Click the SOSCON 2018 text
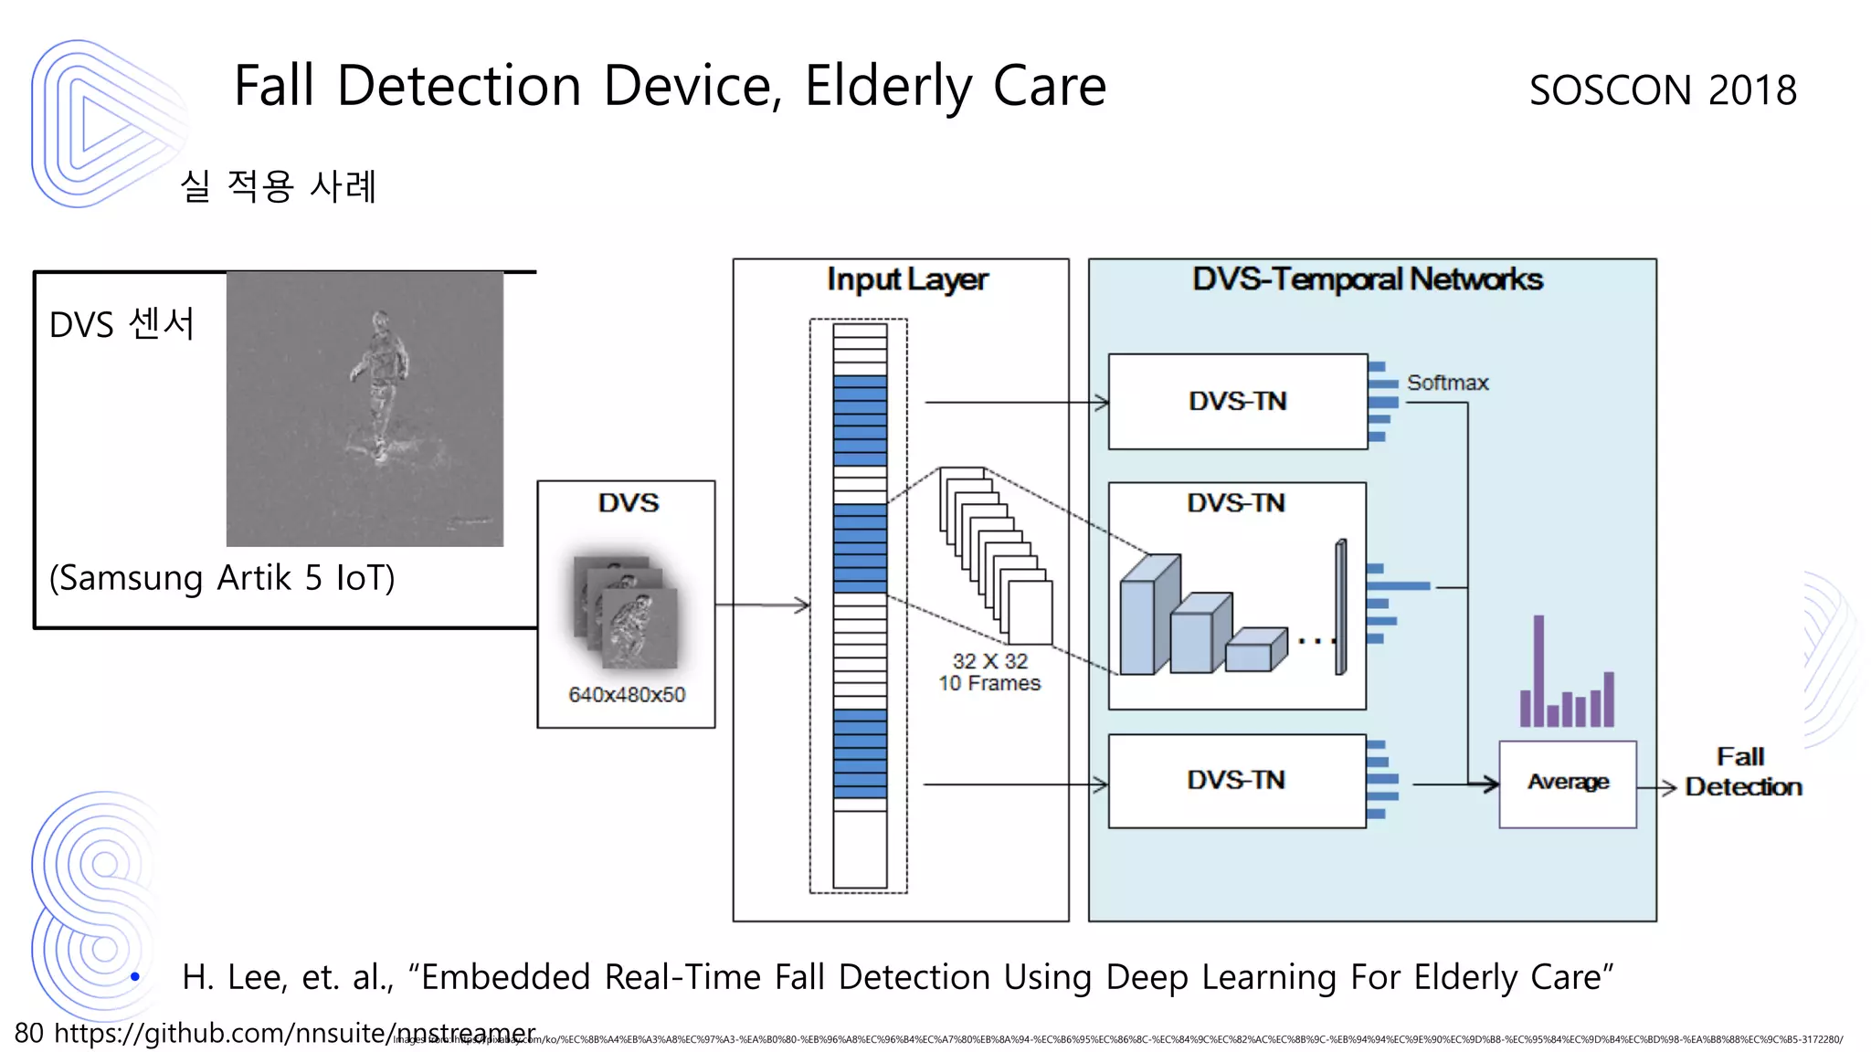pyautogui.click(x=1662, y=90)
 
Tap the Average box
pyautogui.click(x=1567, y=783)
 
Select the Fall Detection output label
pyautogui.click(x=1742, y=772)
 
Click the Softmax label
pyautogui.click(x=1447, y=383)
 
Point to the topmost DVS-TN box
pyautogui.click(x=1237, y=401)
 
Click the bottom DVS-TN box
pyautogui.click(x=1236, y=781)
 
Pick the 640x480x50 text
pyautogui.click(x=627, y=695)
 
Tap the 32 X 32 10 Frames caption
pyautogui.click(x=989, y=672)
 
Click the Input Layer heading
pyautogui.click(x=906, y=279)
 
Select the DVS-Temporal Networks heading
pyautogui.click(x=1367, y=279)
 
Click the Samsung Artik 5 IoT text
pyautogui.click(x=222, y=578)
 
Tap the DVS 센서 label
pyautogui.click(x=122, y=324)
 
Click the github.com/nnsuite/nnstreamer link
pyautogui.click(x=294, y=1033)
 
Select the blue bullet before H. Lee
pyautogui.click(x=135, y=977)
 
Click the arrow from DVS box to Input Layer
pyautogui.click(x=762, y=605)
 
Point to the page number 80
pyautogui.click(x=28, y=1033)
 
